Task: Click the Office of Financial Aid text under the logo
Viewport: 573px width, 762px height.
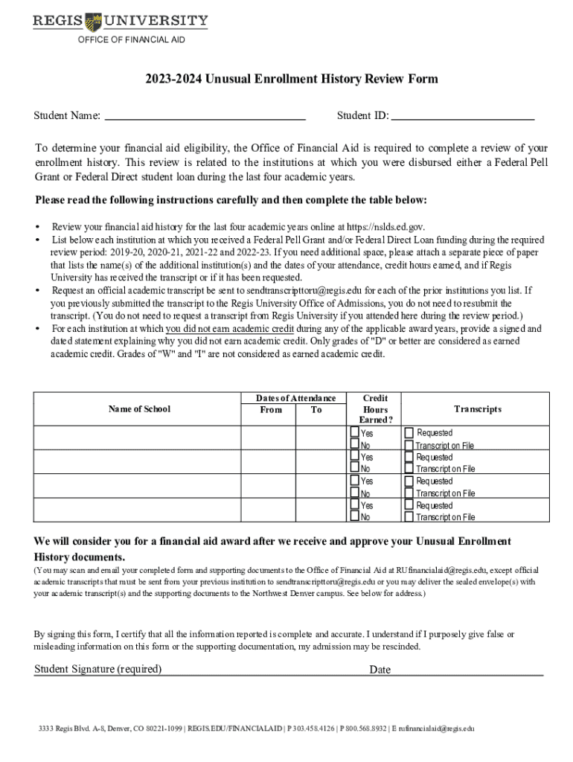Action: coord(131,39)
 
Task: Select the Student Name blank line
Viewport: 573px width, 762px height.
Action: coord(205,117)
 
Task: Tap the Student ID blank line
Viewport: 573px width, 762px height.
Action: coord(463,117)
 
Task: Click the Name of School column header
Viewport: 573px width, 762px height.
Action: coord(139,409)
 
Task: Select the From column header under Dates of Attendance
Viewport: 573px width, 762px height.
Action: coord(271,410)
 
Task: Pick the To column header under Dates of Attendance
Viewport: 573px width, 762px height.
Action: coord(316,410)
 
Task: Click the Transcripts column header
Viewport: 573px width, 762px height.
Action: coord(478,409)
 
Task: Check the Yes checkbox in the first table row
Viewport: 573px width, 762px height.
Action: coord(355,432)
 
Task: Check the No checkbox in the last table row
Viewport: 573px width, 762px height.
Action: coord(355,516)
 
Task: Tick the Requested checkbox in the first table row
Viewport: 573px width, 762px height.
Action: coord(409,432)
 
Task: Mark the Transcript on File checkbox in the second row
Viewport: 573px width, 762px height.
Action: coord(409,469)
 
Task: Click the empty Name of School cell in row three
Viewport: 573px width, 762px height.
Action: coord(139,487)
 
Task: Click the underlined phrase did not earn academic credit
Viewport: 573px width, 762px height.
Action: coord(230,328)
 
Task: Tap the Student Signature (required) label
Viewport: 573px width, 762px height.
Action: coord(98,669)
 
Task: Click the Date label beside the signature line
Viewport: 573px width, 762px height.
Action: coord(380,670)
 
